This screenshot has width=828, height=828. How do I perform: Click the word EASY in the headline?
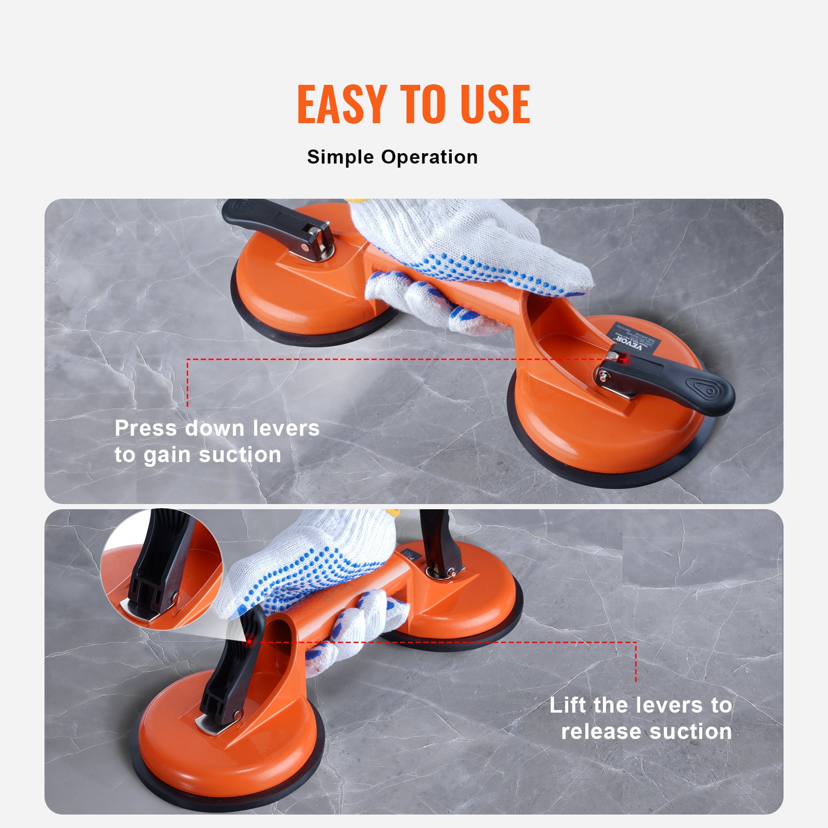342,105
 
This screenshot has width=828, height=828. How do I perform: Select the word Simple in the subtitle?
341,157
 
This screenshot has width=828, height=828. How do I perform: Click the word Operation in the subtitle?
430,157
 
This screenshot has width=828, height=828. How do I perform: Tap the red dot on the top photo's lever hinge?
624,359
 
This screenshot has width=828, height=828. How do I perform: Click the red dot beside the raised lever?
249,642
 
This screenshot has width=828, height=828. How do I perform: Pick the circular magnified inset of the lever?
161,569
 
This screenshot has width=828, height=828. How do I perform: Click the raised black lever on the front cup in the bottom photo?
230,673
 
